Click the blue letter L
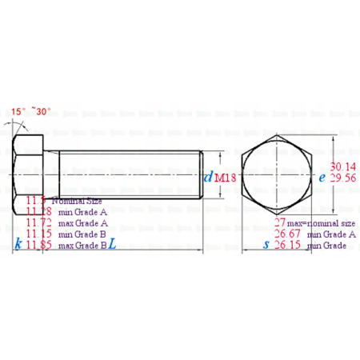point(112,245)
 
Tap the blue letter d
point(208,178)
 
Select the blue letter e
point(322,178)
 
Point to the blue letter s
point(266,245)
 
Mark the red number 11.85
point(39,246)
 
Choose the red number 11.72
point(39,222)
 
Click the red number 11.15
point(39,234)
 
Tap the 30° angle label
point(44,111)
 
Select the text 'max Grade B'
point(82,246)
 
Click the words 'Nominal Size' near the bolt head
point(74,201)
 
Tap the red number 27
point(280,222)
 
